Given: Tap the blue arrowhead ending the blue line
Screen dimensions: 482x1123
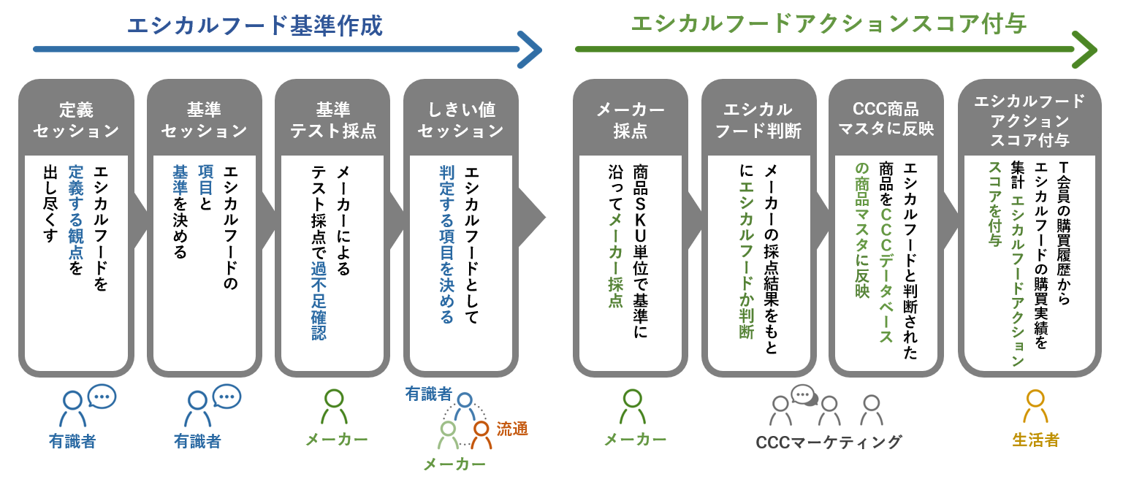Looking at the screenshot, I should point(531,50).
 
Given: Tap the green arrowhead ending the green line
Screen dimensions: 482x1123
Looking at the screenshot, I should point(1086,50).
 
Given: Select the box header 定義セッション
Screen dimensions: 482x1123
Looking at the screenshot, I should point(76,120).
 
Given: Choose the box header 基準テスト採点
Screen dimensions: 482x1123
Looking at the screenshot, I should point(333,120).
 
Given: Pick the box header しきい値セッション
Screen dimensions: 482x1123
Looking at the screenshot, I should point(461,120).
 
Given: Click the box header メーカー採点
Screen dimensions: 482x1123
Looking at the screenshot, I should point(630,120).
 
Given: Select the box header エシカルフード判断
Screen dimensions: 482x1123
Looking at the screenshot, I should point(758,120).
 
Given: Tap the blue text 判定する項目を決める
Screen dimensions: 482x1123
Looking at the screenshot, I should point(447,245).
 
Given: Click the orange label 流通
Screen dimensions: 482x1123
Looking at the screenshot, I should point(512,429).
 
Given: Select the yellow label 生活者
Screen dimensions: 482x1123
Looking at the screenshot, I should point(1035,440).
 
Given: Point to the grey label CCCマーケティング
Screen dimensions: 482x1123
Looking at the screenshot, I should point(829,442).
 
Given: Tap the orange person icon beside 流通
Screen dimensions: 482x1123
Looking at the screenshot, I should point(481,435).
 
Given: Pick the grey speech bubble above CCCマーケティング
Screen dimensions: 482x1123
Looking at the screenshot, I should point(803,395).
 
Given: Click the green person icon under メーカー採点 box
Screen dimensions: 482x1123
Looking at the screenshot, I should point(633,406).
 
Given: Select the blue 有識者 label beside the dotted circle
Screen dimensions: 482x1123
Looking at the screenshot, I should point(429,394).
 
